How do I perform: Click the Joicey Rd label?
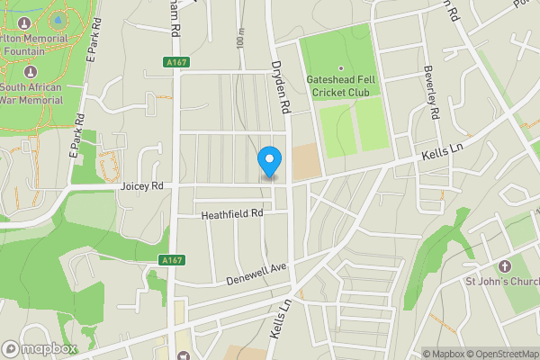click(x=141, y=186)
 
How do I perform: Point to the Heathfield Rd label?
click(x=231, y=214)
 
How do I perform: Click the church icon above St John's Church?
click(x=504, y=267)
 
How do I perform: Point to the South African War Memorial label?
click(x=31, y=94)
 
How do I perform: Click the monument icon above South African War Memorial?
click(x=31, y=71)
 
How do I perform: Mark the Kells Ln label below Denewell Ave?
click(x=280, y=319)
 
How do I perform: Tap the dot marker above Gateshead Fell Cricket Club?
click(x=341, y=68)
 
